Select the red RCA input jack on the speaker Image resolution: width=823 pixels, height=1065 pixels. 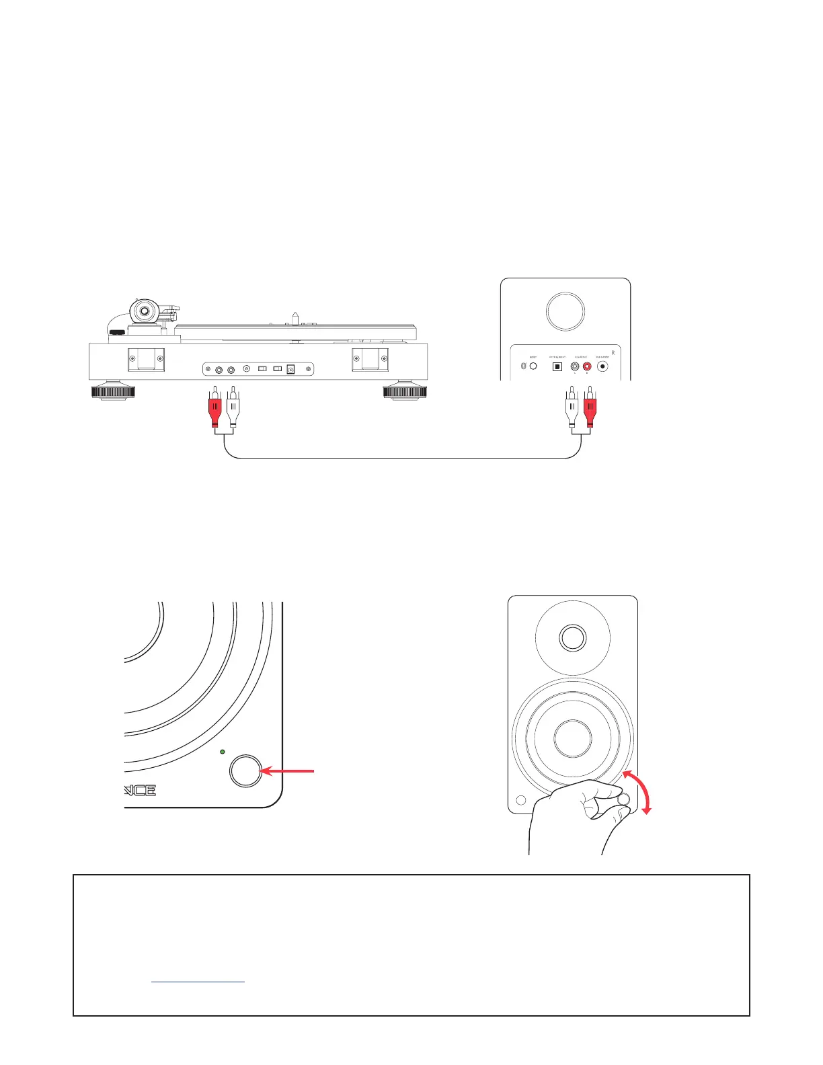587,367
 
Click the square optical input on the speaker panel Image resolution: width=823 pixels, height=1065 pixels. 557,367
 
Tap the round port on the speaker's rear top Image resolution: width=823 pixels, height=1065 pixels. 565,311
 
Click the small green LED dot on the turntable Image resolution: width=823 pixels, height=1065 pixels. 223,751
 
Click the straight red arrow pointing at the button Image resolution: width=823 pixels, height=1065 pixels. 288,772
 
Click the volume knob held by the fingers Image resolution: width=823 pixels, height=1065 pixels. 623,799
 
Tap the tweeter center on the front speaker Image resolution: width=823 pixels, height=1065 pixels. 572,638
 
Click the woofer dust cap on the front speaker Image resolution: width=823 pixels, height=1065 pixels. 572,738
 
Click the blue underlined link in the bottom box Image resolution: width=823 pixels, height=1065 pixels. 198,982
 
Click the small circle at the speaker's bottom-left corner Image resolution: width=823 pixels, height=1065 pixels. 520,801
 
